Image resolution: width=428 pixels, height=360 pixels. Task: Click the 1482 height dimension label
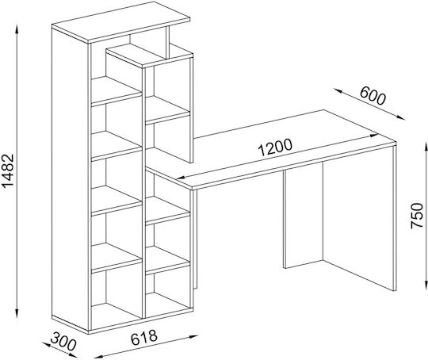click(x=8, y=170)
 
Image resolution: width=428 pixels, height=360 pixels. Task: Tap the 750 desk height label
click(x=417, y=215)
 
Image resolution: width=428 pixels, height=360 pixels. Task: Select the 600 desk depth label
click(x=373, y=96)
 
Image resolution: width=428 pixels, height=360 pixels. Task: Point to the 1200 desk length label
click(x=275, y=147)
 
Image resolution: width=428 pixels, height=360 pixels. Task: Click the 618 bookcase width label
click(x=144, y=338)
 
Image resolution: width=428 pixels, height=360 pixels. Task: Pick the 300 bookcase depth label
click(x=63, y=342)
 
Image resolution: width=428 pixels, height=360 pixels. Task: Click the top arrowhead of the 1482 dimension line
click(x=17, y=29)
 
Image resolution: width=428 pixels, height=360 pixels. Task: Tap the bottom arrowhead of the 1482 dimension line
click(x=17, y=313)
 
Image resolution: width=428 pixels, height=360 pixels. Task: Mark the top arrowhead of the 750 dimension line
click(x=426, y=146)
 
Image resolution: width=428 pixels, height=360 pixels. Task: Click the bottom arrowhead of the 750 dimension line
click(x=426, y=285)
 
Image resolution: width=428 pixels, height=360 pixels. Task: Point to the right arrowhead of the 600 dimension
click(x=401, y=117)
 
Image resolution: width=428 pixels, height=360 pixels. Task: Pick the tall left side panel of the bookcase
click(x=71, y=180)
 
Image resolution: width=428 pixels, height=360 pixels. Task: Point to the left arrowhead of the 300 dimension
click(x=44, y=344)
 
